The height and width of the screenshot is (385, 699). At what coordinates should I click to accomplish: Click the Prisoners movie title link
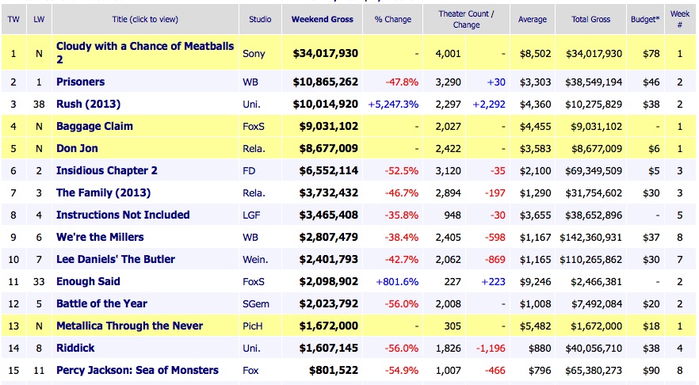(80, 82)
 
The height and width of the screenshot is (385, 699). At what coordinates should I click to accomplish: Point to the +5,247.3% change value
(394, 104)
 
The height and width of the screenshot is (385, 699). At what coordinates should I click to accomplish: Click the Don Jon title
(79, 148)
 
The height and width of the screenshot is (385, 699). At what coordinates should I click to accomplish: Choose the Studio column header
(260, 19)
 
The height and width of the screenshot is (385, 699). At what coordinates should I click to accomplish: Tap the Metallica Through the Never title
(129, 326)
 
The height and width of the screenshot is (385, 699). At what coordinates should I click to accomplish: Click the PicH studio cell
(254, 326)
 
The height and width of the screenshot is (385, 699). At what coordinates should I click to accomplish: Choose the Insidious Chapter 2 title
(107, 170)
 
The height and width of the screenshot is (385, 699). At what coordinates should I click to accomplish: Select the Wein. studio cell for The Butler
(254, 259)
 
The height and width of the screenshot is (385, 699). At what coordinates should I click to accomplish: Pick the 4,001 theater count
(448, 53)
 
